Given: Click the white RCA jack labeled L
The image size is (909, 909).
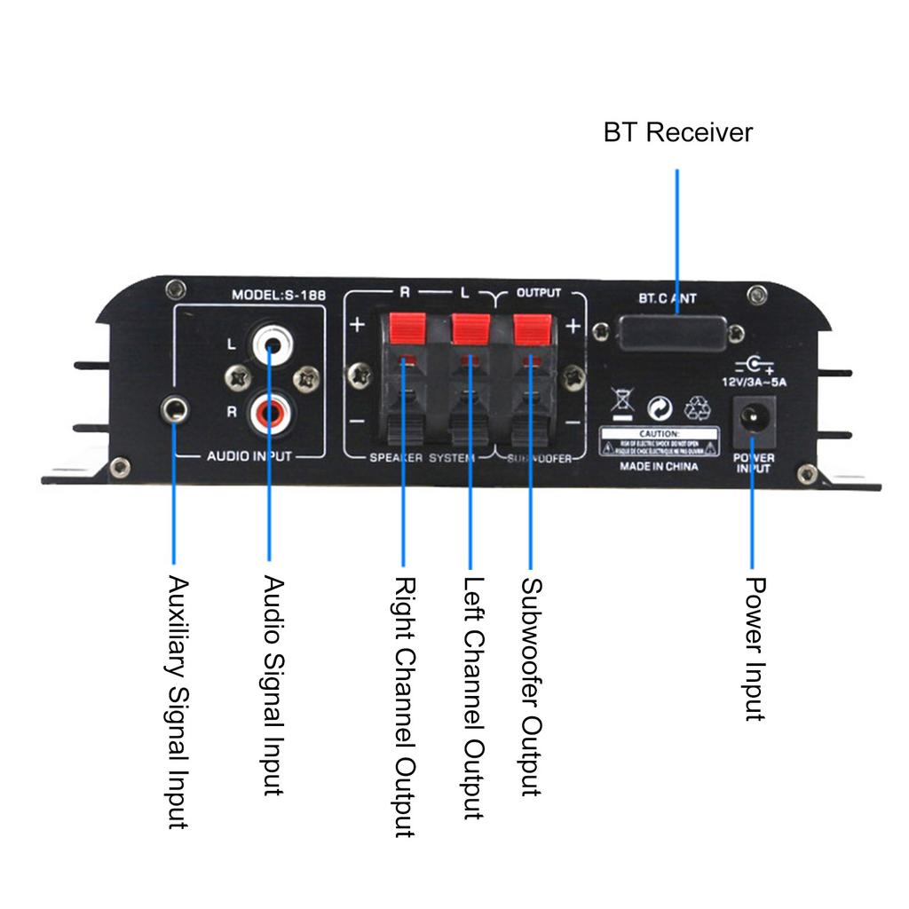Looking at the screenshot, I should click(269, 343).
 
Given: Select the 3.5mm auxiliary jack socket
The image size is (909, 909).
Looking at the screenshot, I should click(174, 409).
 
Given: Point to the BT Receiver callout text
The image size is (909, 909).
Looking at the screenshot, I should click(677, 133).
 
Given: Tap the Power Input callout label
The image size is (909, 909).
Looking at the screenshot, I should click(755, 648).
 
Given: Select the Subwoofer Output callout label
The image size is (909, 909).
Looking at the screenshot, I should click(531, 687).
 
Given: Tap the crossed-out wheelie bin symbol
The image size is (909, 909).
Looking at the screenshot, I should click(623, 405).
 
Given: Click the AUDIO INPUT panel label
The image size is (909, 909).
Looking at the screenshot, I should click(249, 457).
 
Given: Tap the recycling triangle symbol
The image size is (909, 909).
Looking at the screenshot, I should click(698, 407).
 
